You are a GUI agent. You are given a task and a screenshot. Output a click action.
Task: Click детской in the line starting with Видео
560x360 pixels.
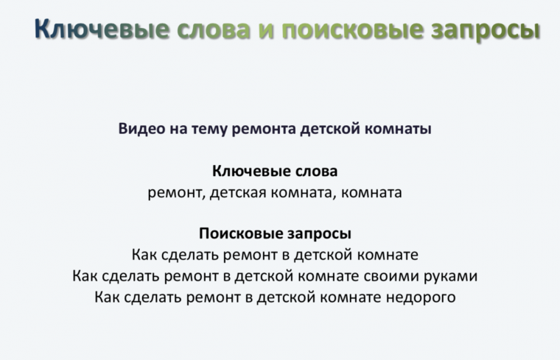click(327, 129)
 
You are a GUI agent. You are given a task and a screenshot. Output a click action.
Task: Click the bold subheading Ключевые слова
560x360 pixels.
click(275, 172)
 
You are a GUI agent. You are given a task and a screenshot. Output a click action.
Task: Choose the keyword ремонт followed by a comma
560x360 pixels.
click(176, 193)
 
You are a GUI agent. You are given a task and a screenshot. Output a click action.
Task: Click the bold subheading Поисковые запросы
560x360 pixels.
click(275, 234)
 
